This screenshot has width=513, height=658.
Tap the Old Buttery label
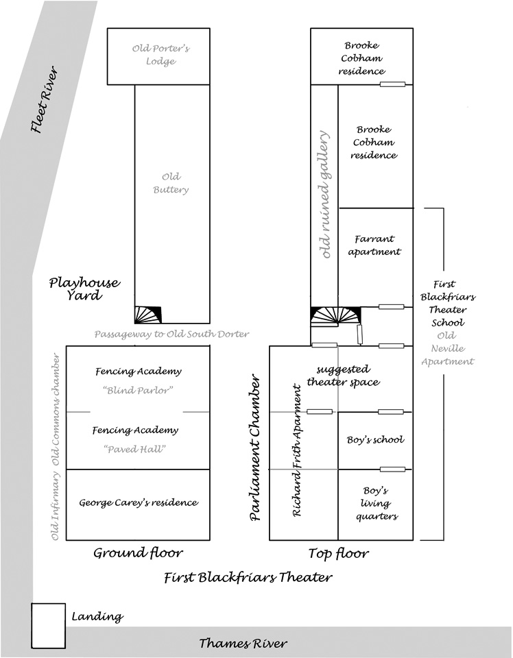pos(171,183)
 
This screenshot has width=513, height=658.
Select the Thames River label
pos(243,643)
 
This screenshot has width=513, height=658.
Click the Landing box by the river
pos(48,624)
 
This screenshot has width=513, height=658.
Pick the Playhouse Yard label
pos(84,289)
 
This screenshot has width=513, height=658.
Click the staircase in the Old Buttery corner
pos(148,314)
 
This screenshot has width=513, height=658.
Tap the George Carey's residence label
pos(138,502)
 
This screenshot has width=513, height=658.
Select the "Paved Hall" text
pos(139,449)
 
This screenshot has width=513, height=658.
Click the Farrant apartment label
pos(374,245)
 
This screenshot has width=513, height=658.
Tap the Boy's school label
pos(376,439)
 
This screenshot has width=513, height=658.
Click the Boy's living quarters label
pos(377,503)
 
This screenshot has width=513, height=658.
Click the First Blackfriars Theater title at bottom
pos(248,577)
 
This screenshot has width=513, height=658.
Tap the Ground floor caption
pos(138,552)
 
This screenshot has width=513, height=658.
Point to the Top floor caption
pos(338,552)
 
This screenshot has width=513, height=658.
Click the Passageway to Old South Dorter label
pos(171,334)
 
